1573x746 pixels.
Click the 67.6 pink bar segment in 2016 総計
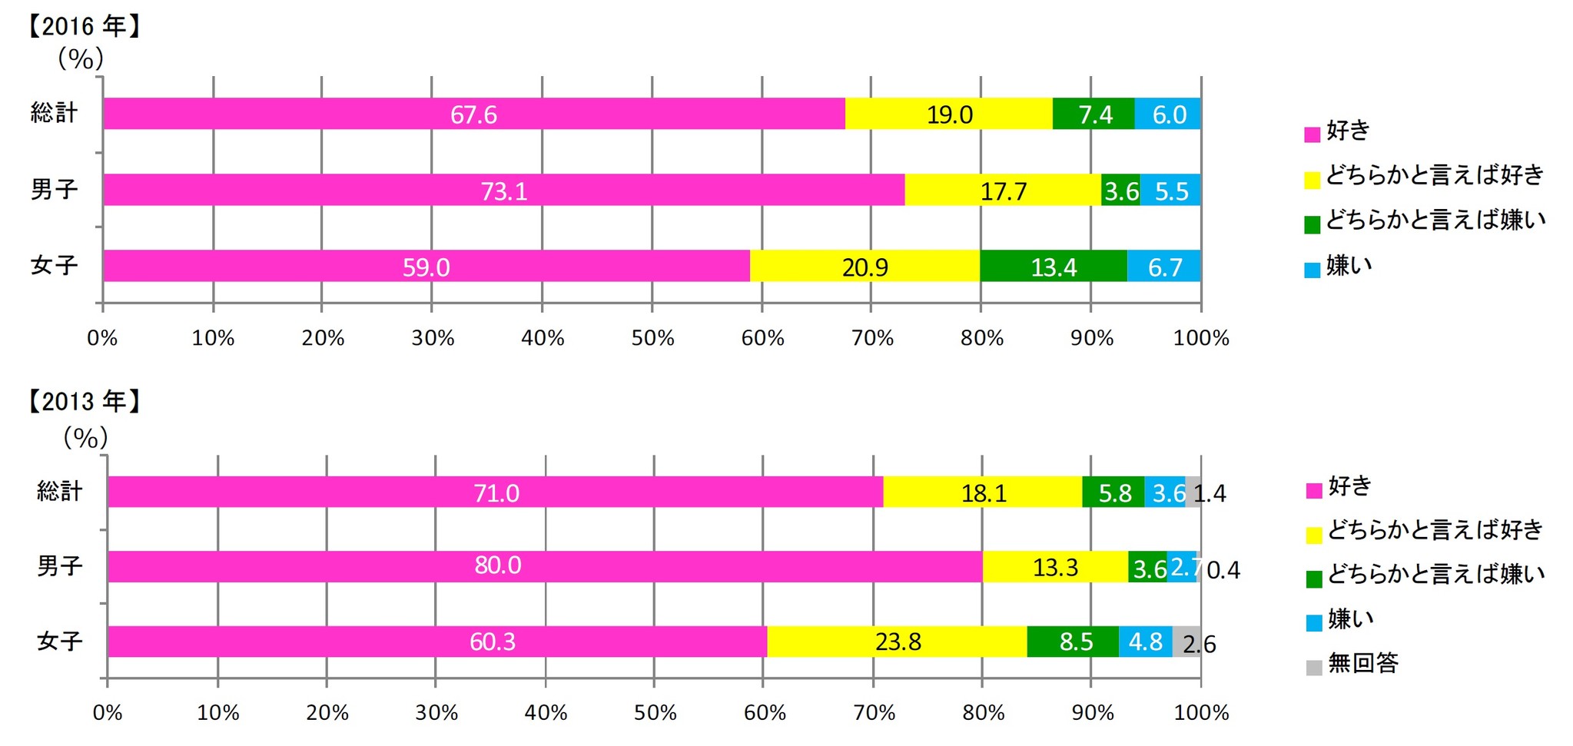473,114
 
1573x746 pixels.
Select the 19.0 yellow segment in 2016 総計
949,114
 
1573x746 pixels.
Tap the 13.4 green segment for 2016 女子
1054,266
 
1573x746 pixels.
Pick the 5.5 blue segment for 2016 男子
1171,190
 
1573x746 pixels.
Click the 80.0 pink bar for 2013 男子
498,566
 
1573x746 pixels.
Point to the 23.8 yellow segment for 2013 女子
898,642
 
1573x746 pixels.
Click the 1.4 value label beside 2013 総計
1211,493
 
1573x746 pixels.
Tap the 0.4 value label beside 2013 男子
1223,570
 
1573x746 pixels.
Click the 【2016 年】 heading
83,26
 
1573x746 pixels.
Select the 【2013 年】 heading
83,400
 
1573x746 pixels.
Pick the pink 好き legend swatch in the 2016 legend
1312,134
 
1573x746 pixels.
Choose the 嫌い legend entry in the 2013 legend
1350,618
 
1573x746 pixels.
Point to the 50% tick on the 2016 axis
652,338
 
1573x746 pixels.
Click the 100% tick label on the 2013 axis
1201,713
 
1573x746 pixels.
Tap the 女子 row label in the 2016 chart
54,266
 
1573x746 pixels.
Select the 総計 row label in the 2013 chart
59,492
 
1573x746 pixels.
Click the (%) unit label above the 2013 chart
85,438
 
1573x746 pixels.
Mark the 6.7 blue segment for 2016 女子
1164,266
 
